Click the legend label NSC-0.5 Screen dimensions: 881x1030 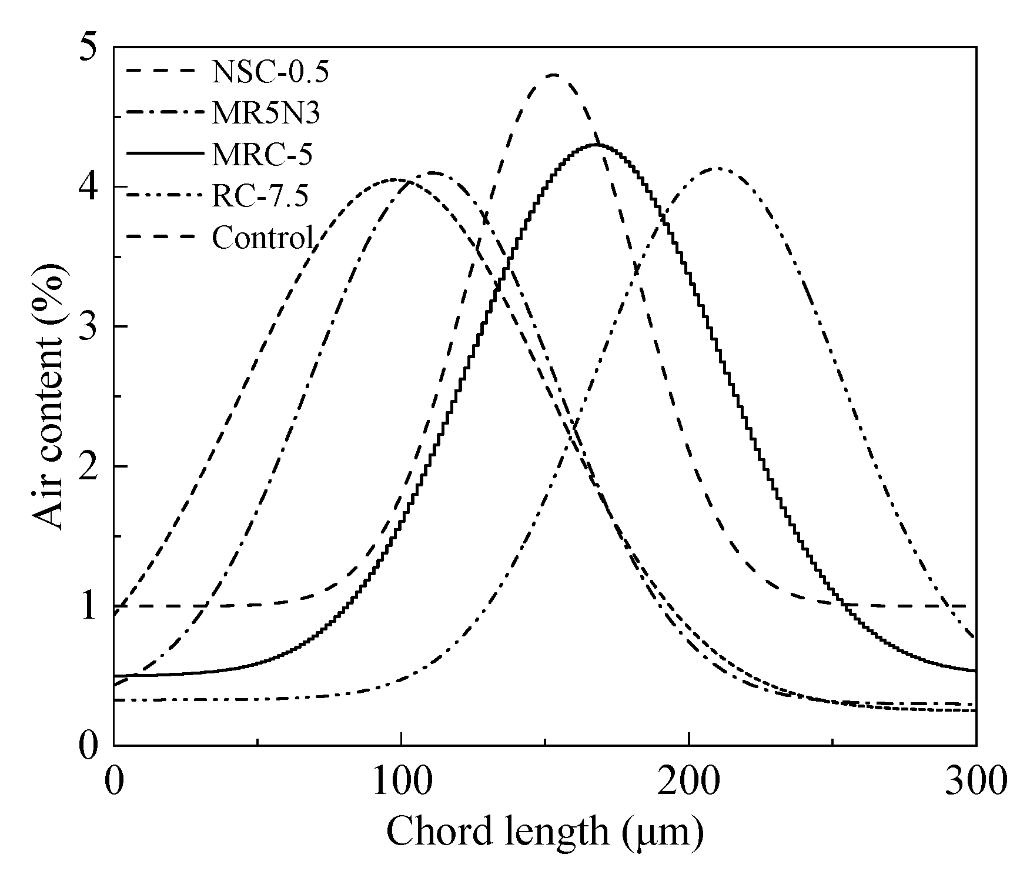tap(270, 72)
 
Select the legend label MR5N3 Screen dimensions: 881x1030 tap(266, 114)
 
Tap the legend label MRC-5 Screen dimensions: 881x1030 tap(262, 155)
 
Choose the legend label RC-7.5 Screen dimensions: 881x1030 tap(260, 196)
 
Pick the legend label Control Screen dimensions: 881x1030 tap(263, 238)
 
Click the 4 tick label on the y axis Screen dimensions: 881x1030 tap(87, 187)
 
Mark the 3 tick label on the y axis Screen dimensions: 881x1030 tap(87, 326)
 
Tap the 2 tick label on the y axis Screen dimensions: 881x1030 tap(87, 466)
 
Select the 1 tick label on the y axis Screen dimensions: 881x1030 tap(87, 606)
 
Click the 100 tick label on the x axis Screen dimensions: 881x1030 tap(400, 782)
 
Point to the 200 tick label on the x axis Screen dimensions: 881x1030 tap(688, 782)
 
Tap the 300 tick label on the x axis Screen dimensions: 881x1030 tap(975, 782)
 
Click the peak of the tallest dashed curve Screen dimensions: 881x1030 tap(554, 75)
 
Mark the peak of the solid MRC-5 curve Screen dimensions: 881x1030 tap(596, 145)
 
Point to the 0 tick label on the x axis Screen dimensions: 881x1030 tap(113, 782)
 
